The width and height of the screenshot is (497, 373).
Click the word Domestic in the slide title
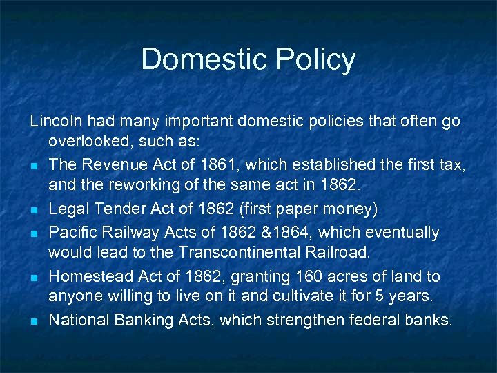193,59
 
